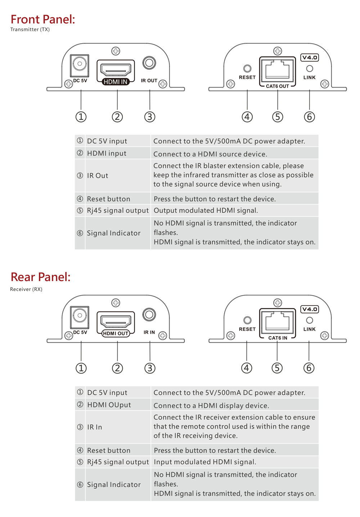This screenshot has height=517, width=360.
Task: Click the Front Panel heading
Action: coord(43,19)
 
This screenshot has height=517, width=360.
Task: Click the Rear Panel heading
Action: coord(41,277)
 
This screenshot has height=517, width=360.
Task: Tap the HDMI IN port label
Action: coord(115,82)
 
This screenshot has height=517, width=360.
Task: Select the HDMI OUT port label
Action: coord(116,333)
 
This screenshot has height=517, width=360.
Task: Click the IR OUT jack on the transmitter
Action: coord(149,63)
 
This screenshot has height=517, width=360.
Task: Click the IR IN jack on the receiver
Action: coord(149,315)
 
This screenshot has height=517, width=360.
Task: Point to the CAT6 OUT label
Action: coord(278,86)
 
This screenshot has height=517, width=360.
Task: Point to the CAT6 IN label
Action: coord(278,338)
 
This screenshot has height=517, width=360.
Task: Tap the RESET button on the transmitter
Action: coord(247,68)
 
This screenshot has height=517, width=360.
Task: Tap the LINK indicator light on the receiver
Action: coord(310,320)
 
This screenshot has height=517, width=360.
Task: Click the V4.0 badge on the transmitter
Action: coord(310,58)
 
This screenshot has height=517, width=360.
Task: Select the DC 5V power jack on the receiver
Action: coord(80,317)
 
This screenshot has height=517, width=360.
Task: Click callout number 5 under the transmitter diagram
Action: coord(278,117)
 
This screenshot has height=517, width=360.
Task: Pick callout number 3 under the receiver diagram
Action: coord(150,368)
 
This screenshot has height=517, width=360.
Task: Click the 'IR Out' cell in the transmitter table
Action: coord(97,176)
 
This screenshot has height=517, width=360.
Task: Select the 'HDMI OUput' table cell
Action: coord(109,405)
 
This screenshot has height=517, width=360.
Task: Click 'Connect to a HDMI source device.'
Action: coord(210,154)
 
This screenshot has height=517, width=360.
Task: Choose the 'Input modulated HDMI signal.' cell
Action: coord(205,462)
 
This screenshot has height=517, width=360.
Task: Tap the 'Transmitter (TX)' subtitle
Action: coord(30,29)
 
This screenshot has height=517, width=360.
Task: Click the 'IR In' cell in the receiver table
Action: coord(94,427)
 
